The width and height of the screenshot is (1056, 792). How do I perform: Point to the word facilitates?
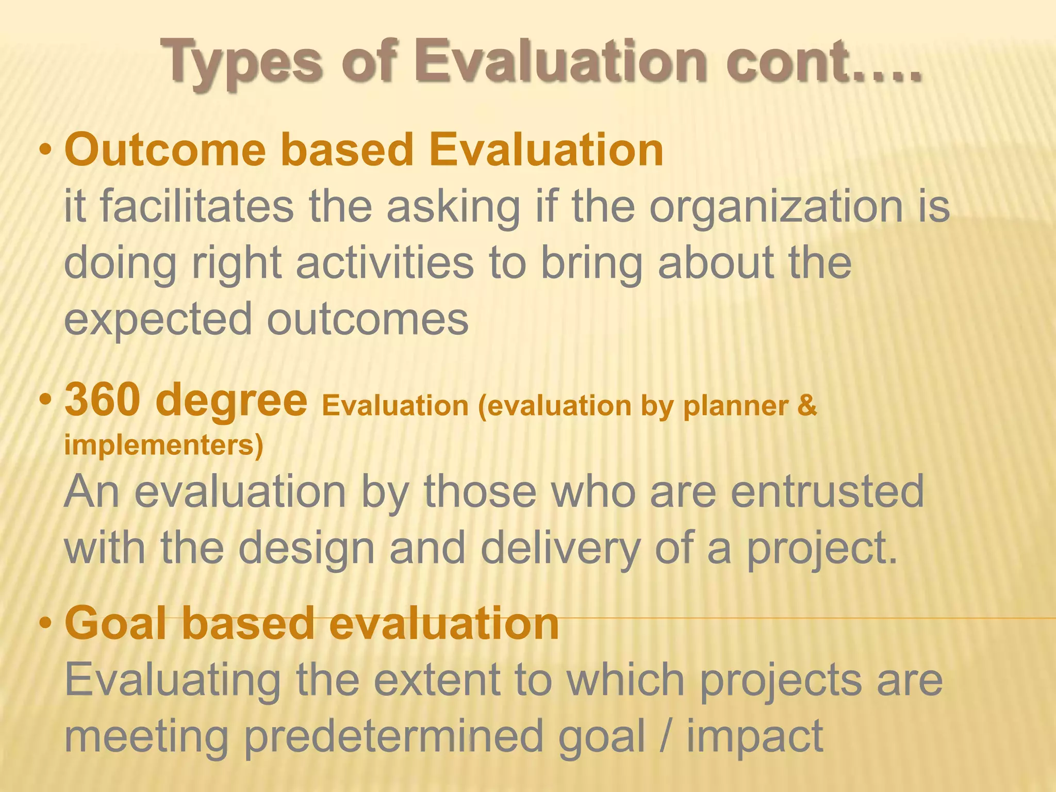click(x=196, y=206)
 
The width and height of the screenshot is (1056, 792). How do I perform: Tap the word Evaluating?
click(x=173, y=681)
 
